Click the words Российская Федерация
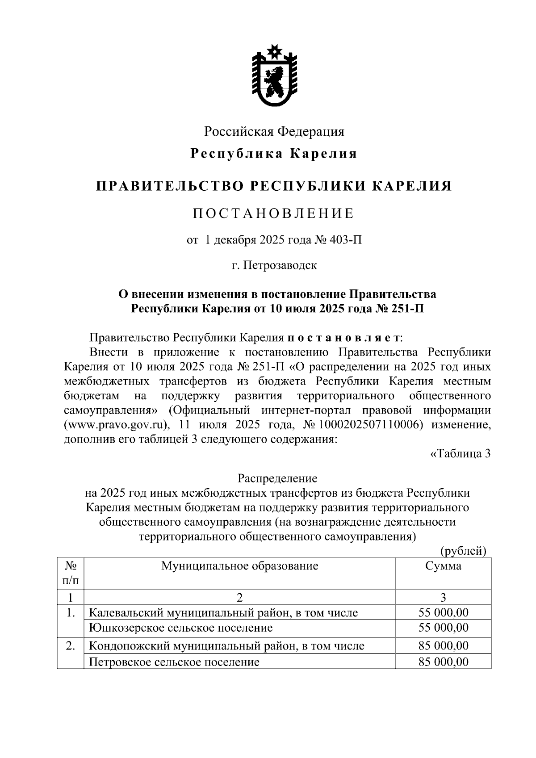[274, 131]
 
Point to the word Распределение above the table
[277, 478]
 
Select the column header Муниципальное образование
[239, 566]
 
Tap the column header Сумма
[443, 566]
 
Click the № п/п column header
[70, 573]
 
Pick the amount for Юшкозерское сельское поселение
[443, 628]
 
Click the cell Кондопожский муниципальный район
[226, 645]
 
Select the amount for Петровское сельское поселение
[443, 662]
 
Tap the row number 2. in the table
[70, 645]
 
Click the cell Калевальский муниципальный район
[223, 613]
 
